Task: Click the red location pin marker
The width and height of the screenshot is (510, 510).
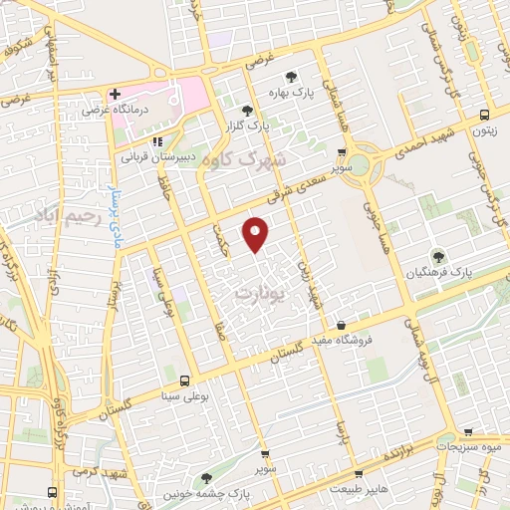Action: (257, 233)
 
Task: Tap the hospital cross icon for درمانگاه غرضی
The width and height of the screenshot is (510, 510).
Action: (116, 94)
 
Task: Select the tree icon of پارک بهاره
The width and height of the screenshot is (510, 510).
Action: (292, 77)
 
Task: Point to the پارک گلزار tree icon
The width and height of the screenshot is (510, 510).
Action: (246, 111)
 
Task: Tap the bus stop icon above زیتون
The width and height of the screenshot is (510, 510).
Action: (484, 114)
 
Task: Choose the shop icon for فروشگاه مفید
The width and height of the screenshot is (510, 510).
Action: (342, 325)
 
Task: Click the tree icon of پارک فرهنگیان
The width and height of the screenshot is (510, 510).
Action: (438, 256)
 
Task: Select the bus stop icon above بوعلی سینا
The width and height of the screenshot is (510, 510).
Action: (184, 381)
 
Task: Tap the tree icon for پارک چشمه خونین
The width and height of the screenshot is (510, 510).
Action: (206, 479)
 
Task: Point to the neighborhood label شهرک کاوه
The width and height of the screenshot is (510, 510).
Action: (244, 159)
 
